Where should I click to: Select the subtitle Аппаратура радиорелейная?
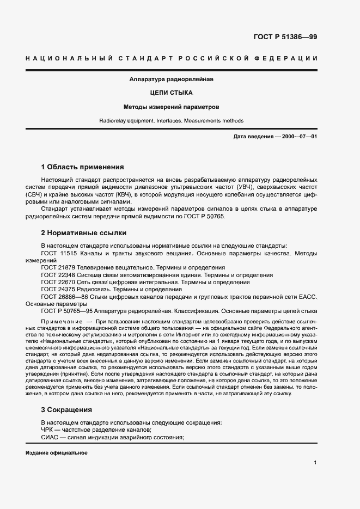coord(171,79)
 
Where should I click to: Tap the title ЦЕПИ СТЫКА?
coord(171,93)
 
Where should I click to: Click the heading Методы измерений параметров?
coord(171,107)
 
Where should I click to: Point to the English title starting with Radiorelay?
coord(171,121)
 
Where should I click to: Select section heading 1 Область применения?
coord(83,167)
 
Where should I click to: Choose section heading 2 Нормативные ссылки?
coord(83,232)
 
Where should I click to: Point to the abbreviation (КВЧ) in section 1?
coord(129,193)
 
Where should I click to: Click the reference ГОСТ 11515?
coord(59,253)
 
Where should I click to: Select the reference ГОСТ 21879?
coord(59,268)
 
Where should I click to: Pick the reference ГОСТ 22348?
coord(59,275)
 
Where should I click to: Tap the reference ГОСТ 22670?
coord(59,282)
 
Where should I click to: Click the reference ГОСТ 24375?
coord(59,289)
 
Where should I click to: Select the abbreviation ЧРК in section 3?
coord(47,430)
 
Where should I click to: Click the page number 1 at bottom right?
coord(315,462)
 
